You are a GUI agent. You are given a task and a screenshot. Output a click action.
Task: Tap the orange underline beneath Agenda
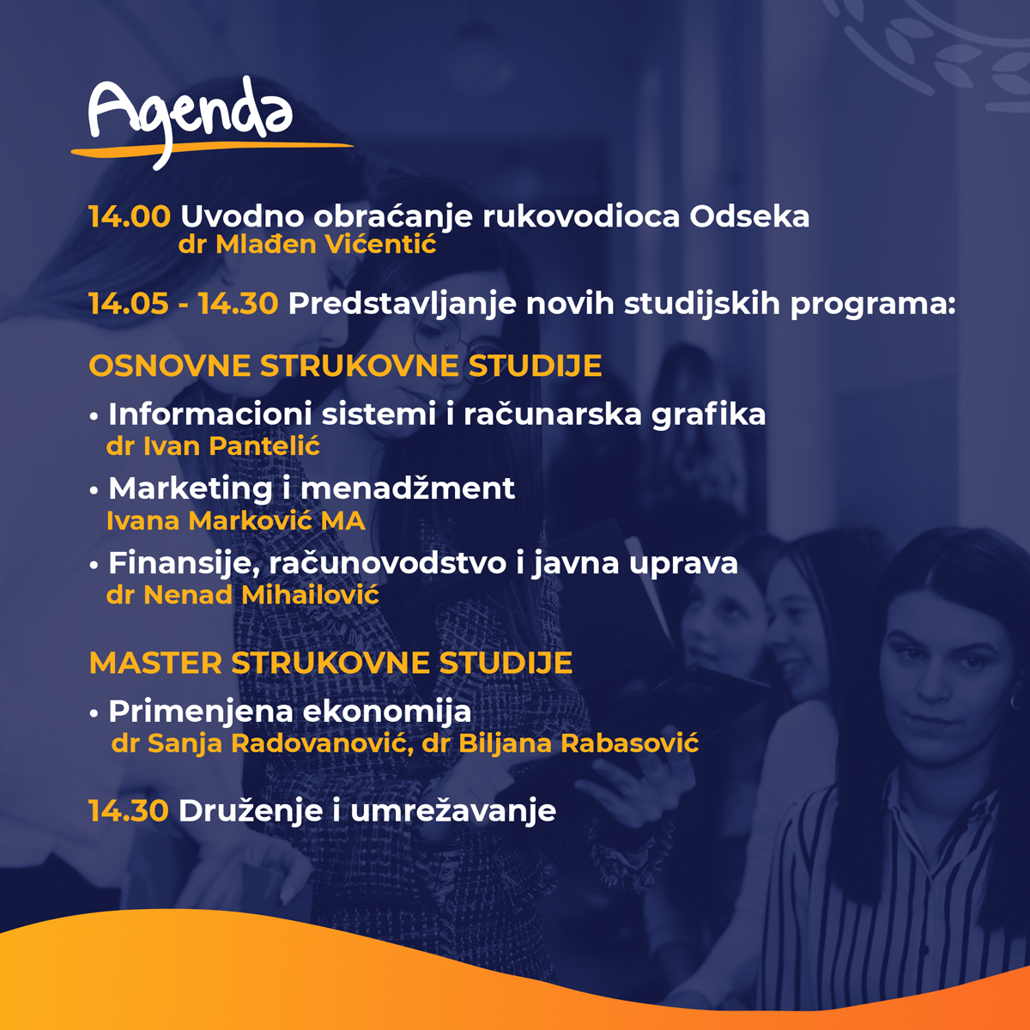point(212,149)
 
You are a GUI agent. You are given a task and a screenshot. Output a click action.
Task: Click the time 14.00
point(130,216)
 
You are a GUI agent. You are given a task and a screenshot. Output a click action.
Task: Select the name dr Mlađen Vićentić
point(307,245)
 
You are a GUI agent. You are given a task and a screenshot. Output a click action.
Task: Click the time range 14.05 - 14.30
point(184,304)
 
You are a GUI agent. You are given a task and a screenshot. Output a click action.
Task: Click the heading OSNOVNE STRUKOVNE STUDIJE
point(345,366)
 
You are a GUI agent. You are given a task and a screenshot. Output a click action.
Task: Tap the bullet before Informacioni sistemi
point(94,415)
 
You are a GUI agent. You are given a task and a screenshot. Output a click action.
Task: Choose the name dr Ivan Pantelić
point(213,445)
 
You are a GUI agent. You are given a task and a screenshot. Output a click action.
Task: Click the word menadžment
point(408,488)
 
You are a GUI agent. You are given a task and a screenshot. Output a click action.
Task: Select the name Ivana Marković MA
point(236,521)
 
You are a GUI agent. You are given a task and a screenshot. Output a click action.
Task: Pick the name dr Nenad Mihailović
point(243,595)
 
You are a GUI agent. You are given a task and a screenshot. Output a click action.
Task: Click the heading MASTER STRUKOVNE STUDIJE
point(330,663)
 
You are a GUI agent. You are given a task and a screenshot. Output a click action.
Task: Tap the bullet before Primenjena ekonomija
point(94,713)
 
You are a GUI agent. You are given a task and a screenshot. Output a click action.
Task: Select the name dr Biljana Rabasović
point(560,743)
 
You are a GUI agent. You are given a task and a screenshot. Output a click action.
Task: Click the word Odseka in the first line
point(749,216)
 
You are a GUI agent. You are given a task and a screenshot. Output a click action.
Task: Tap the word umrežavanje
point(453,811)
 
